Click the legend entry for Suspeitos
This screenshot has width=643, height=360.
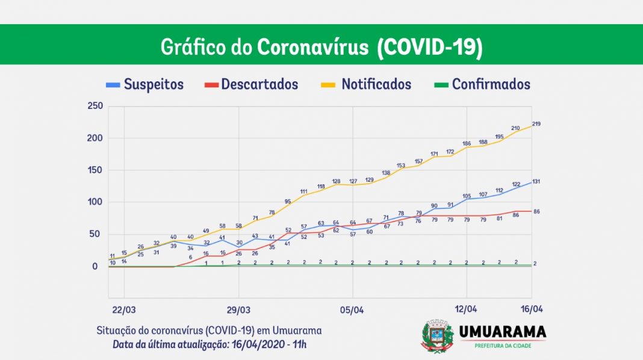[x=144, y=84]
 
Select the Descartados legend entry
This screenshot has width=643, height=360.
[x=252, y=84]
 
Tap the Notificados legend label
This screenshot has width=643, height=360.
[x=366, y=84]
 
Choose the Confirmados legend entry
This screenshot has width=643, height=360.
[x=482, y=84]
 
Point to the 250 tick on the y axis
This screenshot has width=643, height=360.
[x=95, y=106]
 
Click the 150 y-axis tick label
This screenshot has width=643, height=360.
[x=95, y=170]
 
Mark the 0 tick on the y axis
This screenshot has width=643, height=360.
[x=95, y=267]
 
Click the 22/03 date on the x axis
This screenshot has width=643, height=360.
[x=124, y=310]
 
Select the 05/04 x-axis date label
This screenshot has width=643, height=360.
[x=352, y=310]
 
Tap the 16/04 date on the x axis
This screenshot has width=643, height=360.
[x=532, y=309]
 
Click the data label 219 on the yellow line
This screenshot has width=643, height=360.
[x=536, y=124]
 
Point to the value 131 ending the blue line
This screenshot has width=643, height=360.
[x=536, y=182]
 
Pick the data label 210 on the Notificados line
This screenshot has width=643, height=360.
[x=515, y=128]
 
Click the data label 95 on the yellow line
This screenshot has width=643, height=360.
[x=288, y=202]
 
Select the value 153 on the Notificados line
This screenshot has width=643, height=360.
[x=400, y=166]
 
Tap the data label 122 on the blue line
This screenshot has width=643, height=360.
[x=516, y=184]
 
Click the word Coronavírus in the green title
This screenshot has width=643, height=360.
[x=313, y=47]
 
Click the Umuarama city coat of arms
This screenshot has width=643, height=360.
[x=437, y=336]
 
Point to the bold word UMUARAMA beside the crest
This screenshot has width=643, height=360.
[x=503, y=332]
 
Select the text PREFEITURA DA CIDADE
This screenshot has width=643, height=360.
[x=503, y=346]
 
